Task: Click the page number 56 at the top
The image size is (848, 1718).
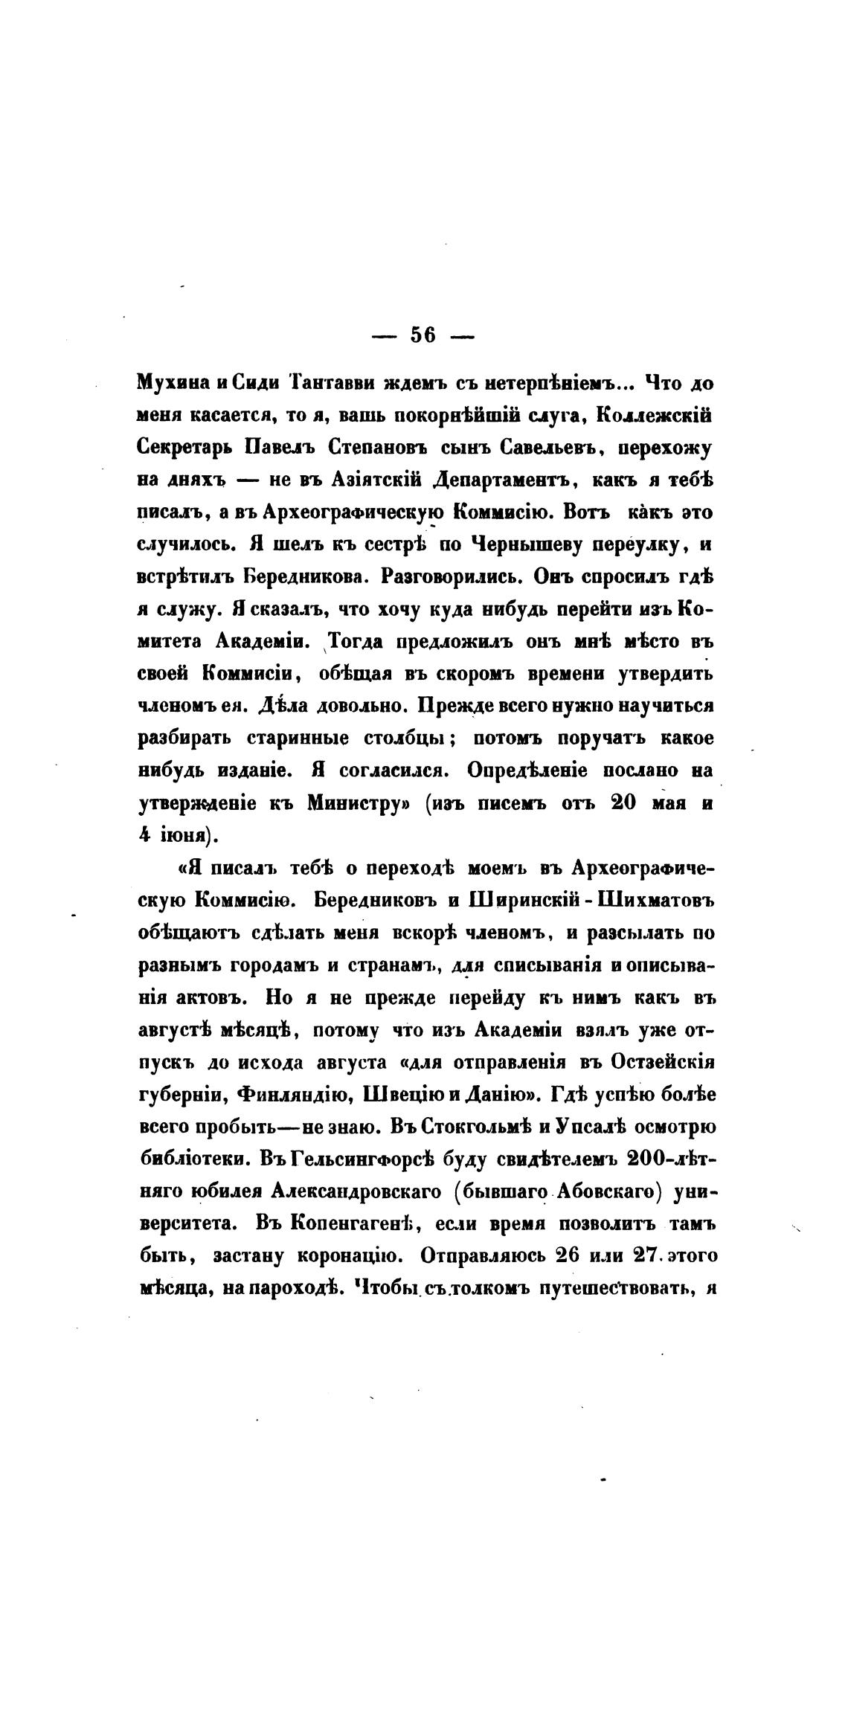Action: click(x=423, y=336)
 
